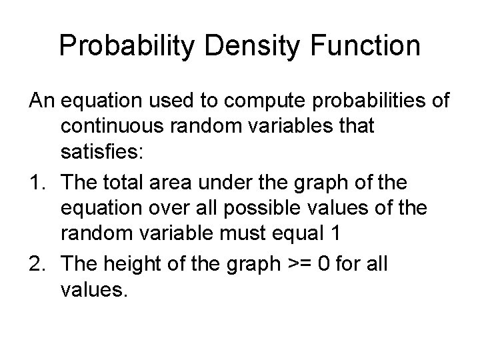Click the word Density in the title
[241, 46]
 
